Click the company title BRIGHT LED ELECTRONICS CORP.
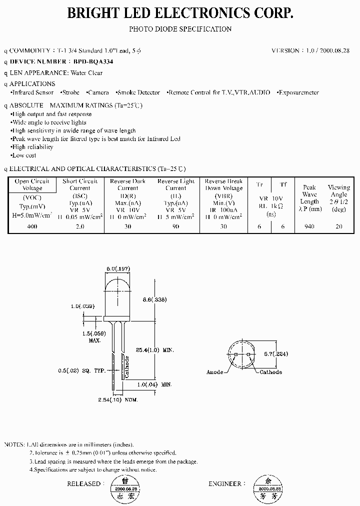[180, 13]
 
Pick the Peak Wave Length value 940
[309, 226]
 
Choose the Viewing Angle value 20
[338, 226]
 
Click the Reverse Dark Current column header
[127, 184]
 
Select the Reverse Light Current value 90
[175, 226]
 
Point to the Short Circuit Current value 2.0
[80, 226]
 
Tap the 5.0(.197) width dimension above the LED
[118, 268]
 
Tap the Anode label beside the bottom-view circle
[215, 372]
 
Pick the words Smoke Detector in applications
[138, 92]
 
